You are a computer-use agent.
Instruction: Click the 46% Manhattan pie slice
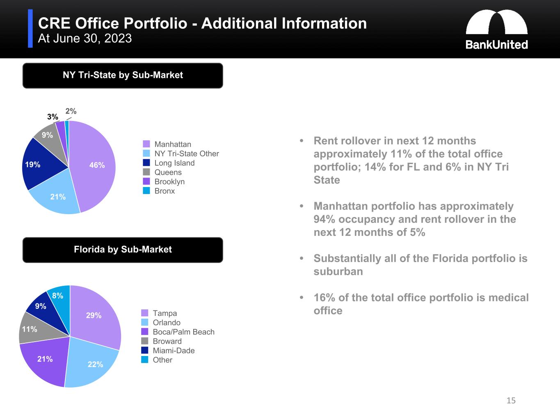coord(94,164)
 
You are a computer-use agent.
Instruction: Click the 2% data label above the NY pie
coord(71,111)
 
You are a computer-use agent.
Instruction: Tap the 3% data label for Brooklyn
coord(53,117)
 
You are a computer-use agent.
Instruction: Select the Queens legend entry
coord(168,172)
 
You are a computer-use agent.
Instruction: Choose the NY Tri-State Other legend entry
coord(186,153)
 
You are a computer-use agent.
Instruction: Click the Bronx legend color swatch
coord(146,191)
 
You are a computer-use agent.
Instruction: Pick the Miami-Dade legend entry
coord(174,350)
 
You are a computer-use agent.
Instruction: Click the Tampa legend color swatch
coord(145,313)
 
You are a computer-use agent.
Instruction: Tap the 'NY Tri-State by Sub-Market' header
coord(123,75)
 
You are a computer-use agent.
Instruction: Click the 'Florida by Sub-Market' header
coord(123,250)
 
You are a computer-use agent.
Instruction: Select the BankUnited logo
coord(496,30)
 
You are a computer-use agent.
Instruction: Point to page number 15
coord(511,401)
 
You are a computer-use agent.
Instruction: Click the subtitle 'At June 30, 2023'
coord(85,39)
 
